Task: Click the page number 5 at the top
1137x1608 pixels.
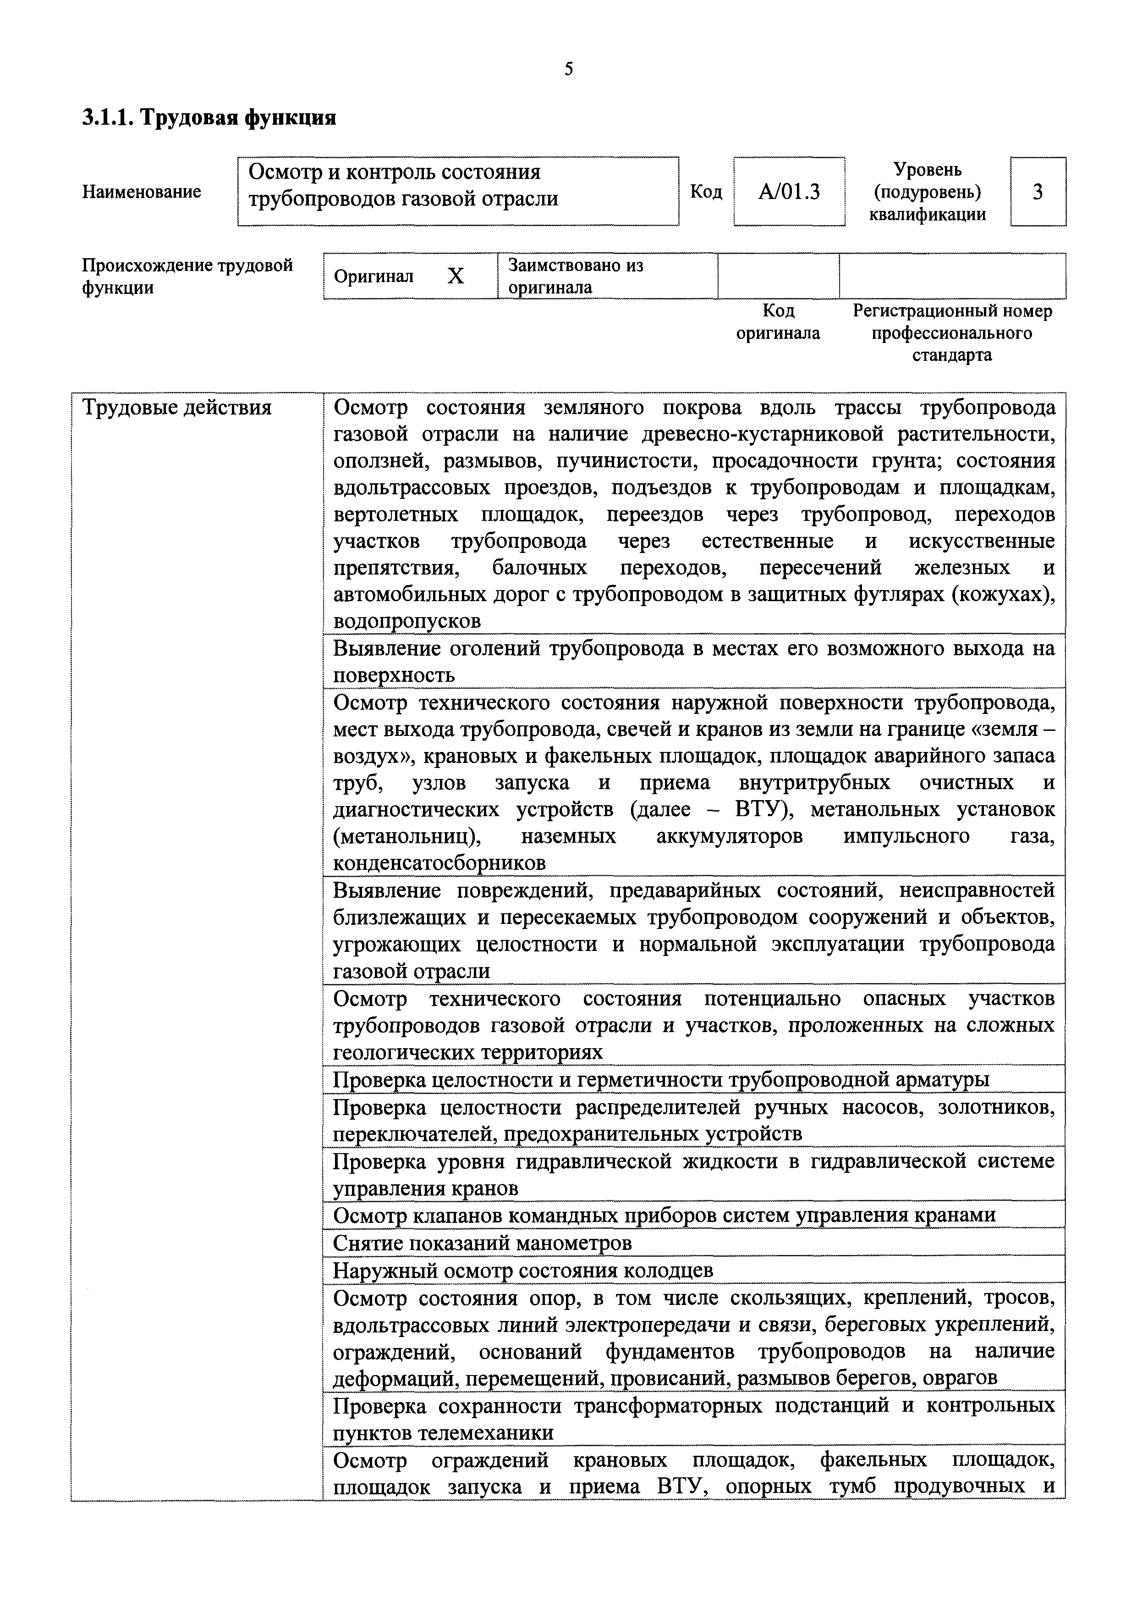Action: [568, 69]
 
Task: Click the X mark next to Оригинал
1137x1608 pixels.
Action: [456, 276]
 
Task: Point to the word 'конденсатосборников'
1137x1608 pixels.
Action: [439, 863]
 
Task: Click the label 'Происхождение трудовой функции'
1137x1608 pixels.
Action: [187, 276]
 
